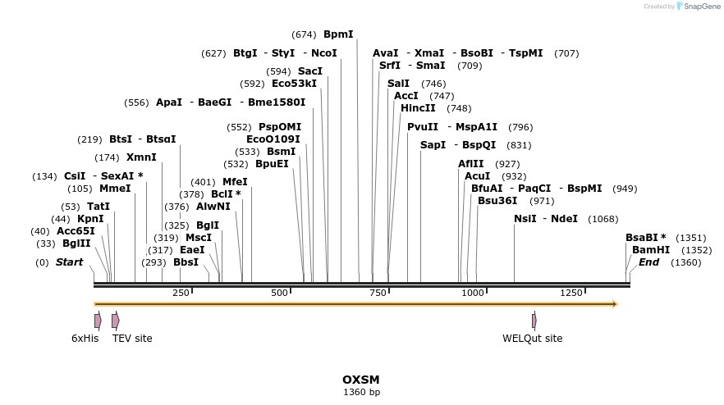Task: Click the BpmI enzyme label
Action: pos(338,34)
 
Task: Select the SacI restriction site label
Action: pos(310,71)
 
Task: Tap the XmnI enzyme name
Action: pos(141,157)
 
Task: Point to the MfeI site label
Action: pos(235,182)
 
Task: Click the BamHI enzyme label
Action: pos(651,250)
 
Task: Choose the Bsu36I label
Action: pos(497,201)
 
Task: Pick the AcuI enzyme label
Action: pos(477,176)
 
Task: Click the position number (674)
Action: pos(304,34)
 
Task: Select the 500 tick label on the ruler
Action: pos(280,293)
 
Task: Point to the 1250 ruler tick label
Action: pos(571,293)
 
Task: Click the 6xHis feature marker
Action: pos(98,321)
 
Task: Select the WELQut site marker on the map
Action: pos(534,321)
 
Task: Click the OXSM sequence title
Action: pos(361,380)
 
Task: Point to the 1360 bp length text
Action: pos(361,393)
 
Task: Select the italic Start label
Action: pos(70,262)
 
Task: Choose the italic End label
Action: pos(648,262)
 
